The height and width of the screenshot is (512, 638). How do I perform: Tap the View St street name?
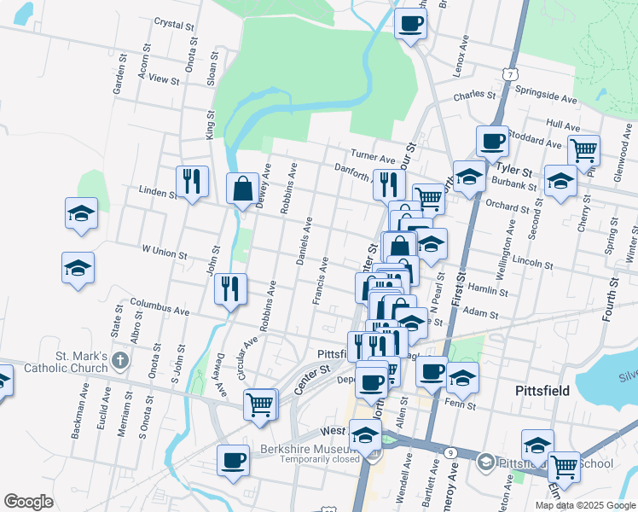pos(163,79)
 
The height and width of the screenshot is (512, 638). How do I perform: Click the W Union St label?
pos(164,252)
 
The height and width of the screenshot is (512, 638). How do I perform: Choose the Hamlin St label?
pos(489,291)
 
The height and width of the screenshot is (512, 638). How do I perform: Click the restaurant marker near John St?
pos(229,288)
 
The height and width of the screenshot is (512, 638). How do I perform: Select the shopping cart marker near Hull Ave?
pos(583,150)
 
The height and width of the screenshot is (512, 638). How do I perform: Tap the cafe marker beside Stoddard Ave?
pos(492,142)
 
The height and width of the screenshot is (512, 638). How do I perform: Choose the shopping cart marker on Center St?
pos(260,404)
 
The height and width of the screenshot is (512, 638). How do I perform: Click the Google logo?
pos(29,502)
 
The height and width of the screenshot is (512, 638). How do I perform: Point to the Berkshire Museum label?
pos(305,450)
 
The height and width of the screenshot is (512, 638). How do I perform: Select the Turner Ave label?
pos(376,159)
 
